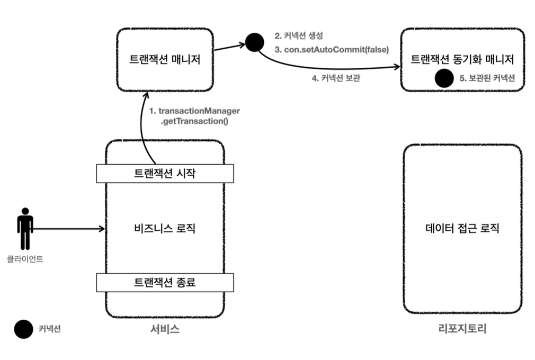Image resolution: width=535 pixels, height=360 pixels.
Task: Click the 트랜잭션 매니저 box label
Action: [x=165, y=59]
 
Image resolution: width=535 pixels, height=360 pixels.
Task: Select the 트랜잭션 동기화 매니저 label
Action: [x=462, y=59]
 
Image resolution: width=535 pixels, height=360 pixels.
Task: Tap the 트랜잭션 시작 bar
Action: [x=164, y=173]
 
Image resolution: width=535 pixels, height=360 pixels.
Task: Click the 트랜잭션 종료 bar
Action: [x=164, y=282]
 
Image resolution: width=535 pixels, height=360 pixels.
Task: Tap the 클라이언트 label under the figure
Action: [x=25, y=259]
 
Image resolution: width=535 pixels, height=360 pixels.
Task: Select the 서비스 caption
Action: [x=165, y=329]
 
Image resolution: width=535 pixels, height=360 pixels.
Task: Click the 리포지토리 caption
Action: [x=462, y=329]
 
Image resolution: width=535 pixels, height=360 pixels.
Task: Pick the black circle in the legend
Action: [x=23, y=329]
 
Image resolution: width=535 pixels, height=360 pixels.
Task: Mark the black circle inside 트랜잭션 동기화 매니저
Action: [x=444, y=78]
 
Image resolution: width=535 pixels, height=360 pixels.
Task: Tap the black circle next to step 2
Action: [x=255, y=42]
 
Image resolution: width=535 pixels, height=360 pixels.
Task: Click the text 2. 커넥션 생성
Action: [x=298, y=37]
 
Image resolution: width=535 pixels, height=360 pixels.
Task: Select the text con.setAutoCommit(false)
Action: [x=332, y=50]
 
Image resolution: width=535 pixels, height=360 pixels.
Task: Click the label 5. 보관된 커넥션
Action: [x=487, y=78]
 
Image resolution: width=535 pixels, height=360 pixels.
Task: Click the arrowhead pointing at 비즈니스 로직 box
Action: [x=102, y=229]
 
